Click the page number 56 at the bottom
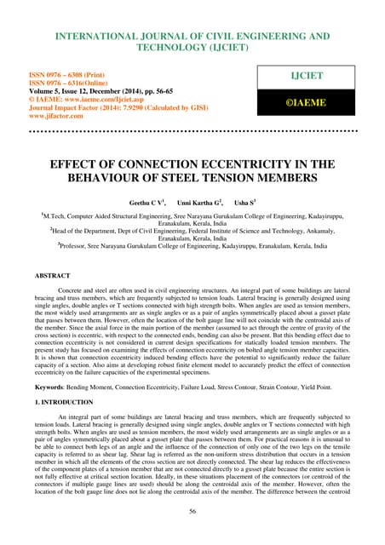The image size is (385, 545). click(x=192, y=513)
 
